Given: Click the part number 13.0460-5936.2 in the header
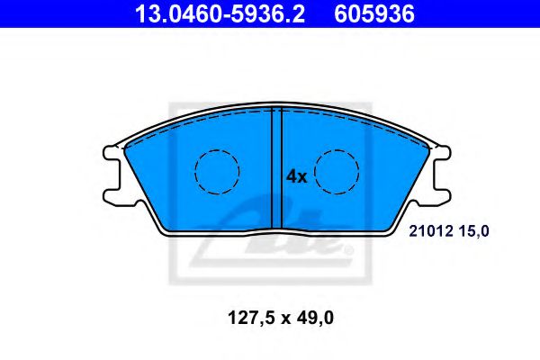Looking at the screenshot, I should pyautogui.click(x=216, y=13).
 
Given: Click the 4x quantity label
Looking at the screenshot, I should pyautogui.click(x=296, y=177).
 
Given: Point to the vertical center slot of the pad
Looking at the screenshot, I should pyautogui.click(x=277, y=166).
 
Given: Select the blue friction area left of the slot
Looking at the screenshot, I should pyautogui.click(x=180, y=198).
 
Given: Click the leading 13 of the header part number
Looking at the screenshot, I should pyautogui.click(x=145, y=13).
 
